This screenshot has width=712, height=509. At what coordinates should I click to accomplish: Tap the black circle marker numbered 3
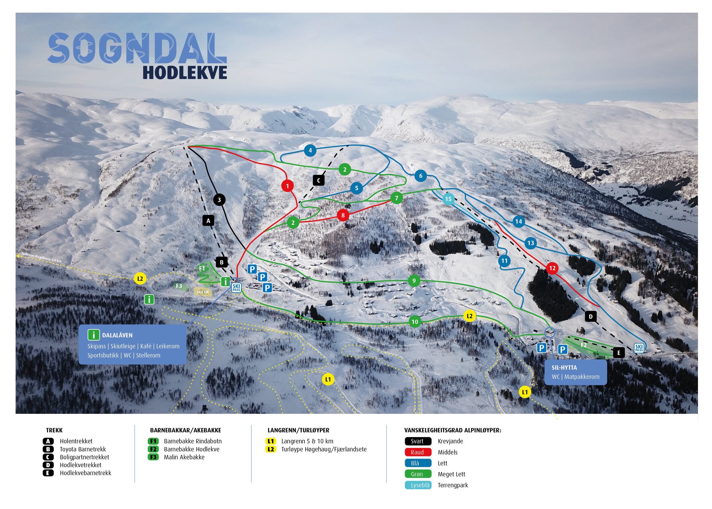tap(219, 200)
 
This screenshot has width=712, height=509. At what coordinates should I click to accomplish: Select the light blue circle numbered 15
tap(448, 199)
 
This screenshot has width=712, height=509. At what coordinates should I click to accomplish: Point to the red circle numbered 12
tap(552, 268)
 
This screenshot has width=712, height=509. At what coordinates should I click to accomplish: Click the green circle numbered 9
tap(414, 281)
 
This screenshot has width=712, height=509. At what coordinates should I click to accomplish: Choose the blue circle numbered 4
tap(310, 150)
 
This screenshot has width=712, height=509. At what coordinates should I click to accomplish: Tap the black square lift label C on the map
tap(319, 180)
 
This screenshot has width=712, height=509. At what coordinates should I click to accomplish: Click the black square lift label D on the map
tap(590, 316)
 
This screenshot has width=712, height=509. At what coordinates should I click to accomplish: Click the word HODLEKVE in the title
tap(185, 73)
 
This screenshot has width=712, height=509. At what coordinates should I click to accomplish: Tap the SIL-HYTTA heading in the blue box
tap(564, 368)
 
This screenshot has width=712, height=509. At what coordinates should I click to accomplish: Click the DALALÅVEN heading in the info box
tap(117, 335)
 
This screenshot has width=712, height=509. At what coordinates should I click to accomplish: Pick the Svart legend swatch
tap(418, 441)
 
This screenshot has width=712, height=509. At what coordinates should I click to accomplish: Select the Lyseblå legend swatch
tap(418, 485)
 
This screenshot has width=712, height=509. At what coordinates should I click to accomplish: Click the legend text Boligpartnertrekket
tap(84, 457)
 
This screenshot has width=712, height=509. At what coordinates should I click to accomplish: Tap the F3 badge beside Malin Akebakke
tap(153, 457)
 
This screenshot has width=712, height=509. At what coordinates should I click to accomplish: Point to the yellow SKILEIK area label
tap(203, 292)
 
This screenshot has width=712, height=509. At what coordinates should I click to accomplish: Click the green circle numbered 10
tap(414, 321)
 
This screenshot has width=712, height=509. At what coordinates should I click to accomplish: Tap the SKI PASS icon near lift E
tap(639, 348)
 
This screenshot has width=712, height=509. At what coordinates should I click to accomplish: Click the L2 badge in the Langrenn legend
tap(270, 449)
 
